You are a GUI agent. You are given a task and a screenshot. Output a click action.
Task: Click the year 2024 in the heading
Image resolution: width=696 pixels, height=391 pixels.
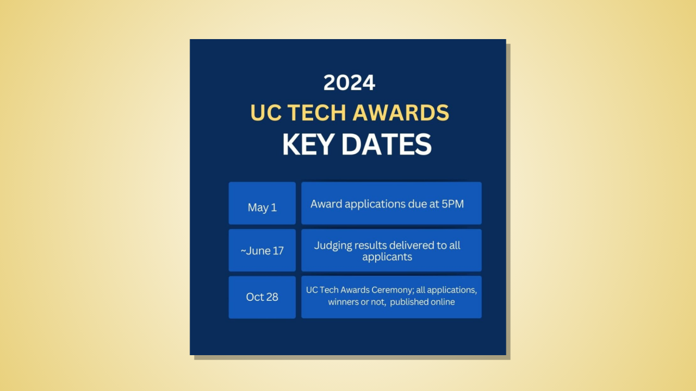click(349, 83)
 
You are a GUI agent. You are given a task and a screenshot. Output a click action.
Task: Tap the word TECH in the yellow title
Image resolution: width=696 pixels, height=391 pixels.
click(316, 113)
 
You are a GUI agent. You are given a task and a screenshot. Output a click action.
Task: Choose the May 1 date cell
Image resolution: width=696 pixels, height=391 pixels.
click(262, 207)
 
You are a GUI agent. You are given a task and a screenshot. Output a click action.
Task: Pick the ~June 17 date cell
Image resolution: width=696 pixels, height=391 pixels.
click(262, 251)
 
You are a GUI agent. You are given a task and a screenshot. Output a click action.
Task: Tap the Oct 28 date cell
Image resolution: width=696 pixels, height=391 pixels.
click(262, 297)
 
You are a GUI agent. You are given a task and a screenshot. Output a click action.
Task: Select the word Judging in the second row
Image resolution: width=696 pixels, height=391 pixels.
click(333, 245)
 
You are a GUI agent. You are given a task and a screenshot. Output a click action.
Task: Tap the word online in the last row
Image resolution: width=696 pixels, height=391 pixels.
click(441, 302)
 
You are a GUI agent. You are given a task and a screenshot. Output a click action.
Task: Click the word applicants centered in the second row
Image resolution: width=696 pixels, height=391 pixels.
click(387, 257)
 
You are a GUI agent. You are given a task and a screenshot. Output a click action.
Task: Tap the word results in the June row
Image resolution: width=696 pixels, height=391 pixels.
click(370, 245)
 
